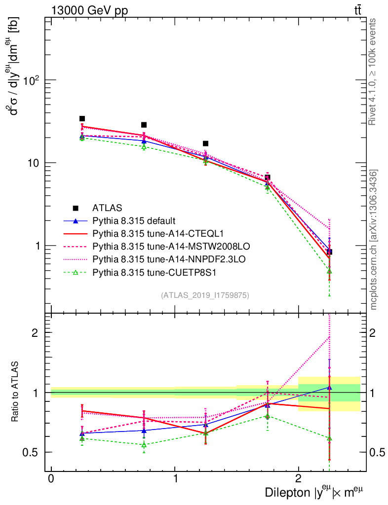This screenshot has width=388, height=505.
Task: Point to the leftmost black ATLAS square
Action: [x=82, y=119]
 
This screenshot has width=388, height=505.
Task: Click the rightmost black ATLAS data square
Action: [x=329, y=252]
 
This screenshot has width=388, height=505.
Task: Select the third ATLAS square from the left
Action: [x=205, y=144]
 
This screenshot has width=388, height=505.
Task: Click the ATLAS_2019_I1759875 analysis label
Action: [x=205, y=295]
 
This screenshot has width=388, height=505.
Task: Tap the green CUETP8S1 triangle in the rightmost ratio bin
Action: [x=329, y=438]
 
